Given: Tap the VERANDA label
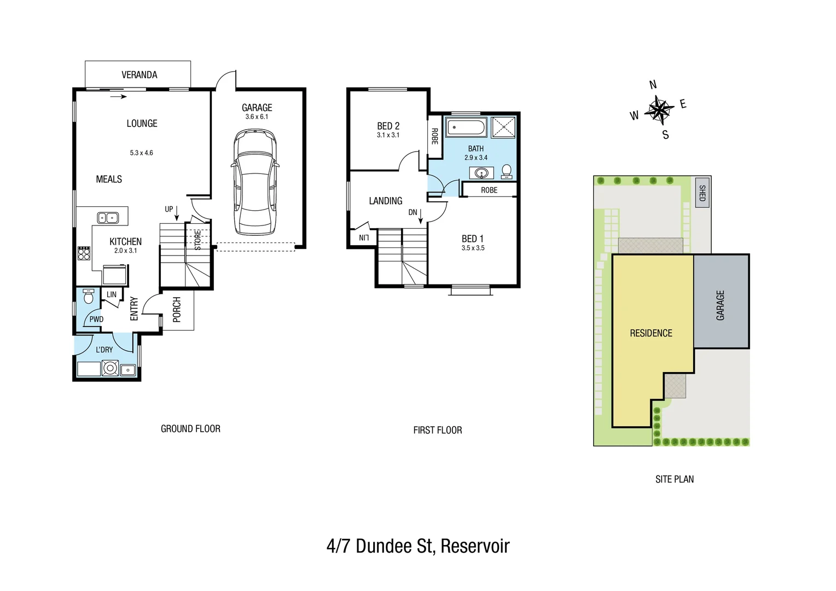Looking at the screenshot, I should (139, 75).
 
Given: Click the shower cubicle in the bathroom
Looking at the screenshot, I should (503, 128).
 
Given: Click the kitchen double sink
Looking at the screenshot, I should (108, 218).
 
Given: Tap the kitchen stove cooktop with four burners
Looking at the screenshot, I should (84, 253).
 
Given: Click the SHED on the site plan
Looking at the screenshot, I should (702, 193).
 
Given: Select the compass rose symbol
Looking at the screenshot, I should (659, 109).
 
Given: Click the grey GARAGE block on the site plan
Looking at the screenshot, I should (721, 304).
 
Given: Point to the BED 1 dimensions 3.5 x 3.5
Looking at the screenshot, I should (473, 248).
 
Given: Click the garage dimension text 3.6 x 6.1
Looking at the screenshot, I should (257, 117).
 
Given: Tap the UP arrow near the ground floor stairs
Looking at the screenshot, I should (176, 213).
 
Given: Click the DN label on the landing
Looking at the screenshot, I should (413, 212).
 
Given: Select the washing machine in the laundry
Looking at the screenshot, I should (110, 368).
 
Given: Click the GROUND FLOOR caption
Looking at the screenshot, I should (190, 429).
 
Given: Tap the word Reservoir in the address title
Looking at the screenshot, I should (475, 546).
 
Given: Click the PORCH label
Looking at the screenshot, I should (177, 310).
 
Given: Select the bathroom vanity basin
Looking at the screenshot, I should (481, 173).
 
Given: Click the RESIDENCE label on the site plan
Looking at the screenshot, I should (651, 333).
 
